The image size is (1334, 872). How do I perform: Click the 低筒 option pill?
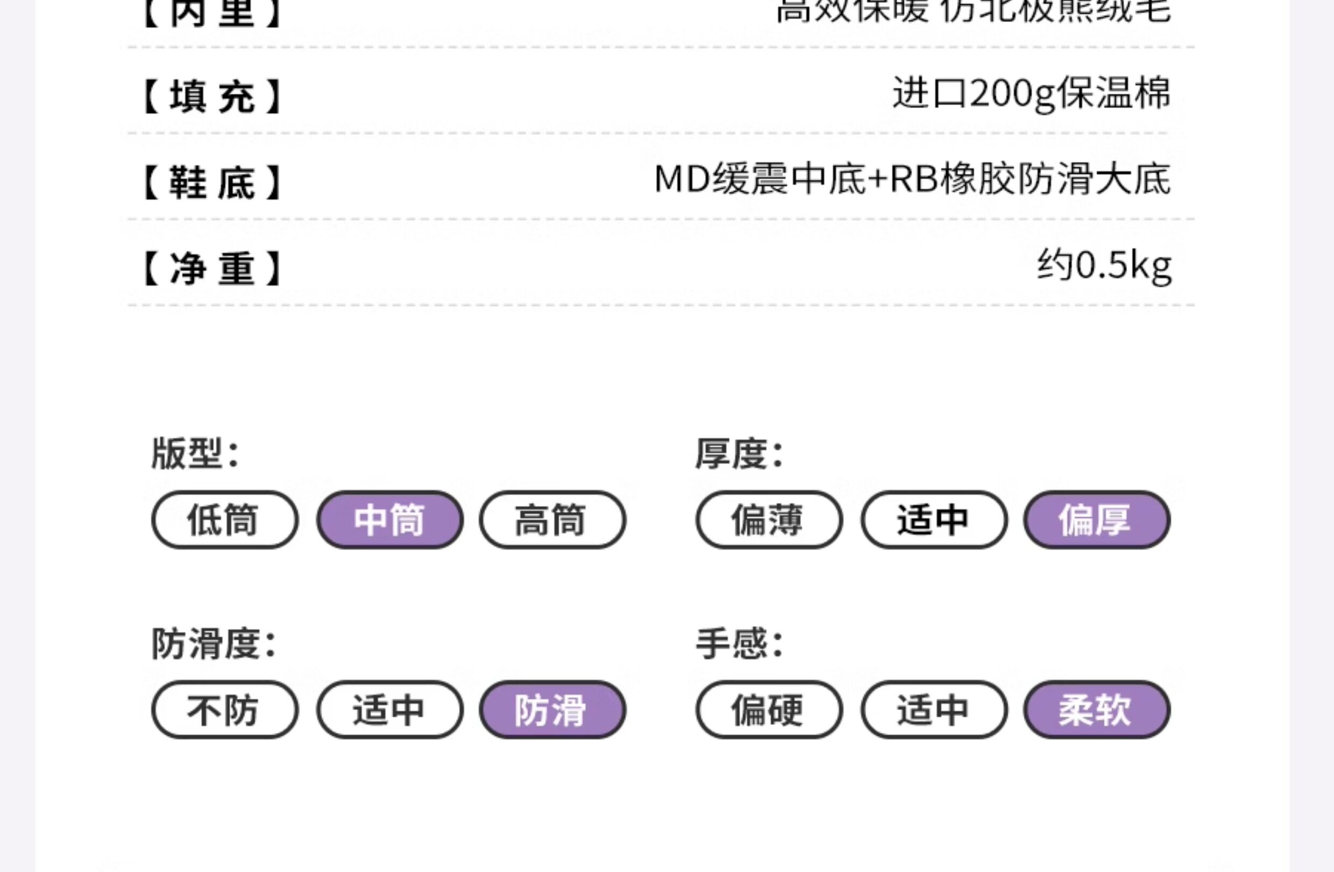pyautogui.click(x=224, y=520)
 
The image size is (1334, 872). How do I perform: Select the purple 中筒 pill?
pyautogui.click(x=389, y=520)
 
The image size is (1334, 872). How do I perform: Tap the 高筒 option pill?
pyautogui.click(x=552, y=520)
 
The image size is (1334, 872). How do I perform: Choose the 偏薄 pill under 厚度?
pyautogui.click(x=769, y=520)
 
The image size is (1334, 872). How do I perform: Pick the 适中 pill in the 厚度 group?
pyautogui.click(x=934, y=520)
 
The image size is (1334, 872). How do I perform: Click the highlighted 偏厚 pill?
pyautogui.click(x=1096, y=520)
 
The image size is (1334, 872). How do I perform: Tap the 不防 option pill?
pyautogui.click(x=224, y=710)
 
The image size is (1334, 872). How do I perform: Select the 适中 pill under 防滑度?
pyautogui.click(x=389, y=710)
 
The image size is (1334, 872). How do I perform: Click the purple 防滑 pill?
pyautogui.click(x=552, y=710)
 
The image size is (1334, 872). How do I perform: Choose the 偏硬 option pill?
pyautogui.click(x=769, y=710)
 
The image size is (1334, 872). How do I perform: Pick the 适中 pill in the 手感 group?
pyautogui.click(x=934, y=710)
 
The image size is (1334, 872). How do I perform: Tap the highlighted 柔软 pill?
pyautogui.click(x=1096, y=710)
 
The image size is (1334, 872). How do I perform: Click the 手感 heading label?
pyautogui.click(x=739, y=643)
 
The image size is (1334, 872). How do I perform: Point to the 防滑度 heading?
pyautogui.click(x=214, y=643)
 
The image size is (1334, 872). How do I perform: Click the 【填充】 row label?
pyautogui.click(x=212, y=96)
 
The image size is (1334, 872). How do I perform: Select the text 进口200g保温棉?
pyautogui.click(x=1031, y=94)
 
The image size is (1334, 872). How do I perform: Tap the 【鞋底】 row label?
pyautogui.click(x=212, y=182)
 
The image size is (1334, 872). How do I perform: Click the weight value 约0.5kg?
pyautogui.click(x=1104, y=266)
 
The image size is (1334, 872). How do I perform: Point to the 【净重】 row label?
pyautogui.click(x=212, y=269)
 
